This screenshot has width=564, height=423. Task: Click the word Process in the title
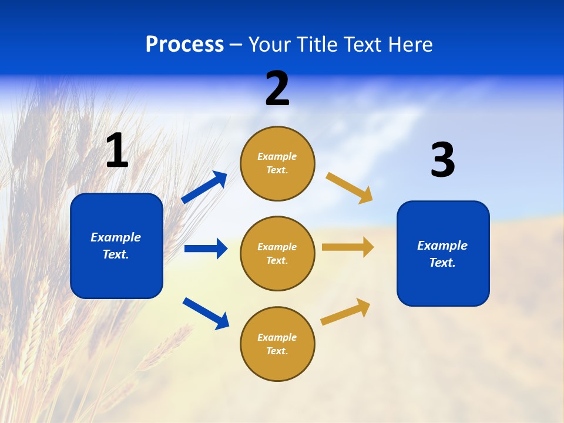tap(184, 45)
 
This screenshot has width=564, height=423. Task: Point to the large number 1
tap(117, 151)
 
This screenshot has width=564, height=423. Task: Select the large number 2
tap(277, 89)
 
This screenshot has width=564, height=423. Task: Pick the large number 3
tap(442, 160)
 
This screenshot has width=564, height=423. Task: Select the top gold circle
tap(277, 163)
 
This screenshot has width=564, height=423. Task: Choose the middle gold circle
tap(277, 254)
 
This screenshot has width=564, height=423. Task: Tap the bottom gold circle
tap(277, 344)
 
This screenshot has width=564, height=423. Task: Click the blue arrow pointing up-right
tap(204, 187)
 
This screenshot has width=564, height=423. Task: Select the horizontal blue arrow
tap(206, 249)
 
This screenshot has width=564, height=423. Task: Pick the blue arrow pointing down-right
tap(206, 313)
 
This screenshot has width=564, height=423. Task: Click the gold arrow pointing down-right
tap(350, 188)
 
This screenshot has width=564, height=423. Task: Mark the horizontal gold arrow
tap(348, 247)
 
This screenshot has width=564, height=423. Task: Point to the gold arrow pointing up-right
tap(345, 311)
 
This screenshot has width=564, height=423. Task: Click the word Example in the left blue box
tap(116, 237)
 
